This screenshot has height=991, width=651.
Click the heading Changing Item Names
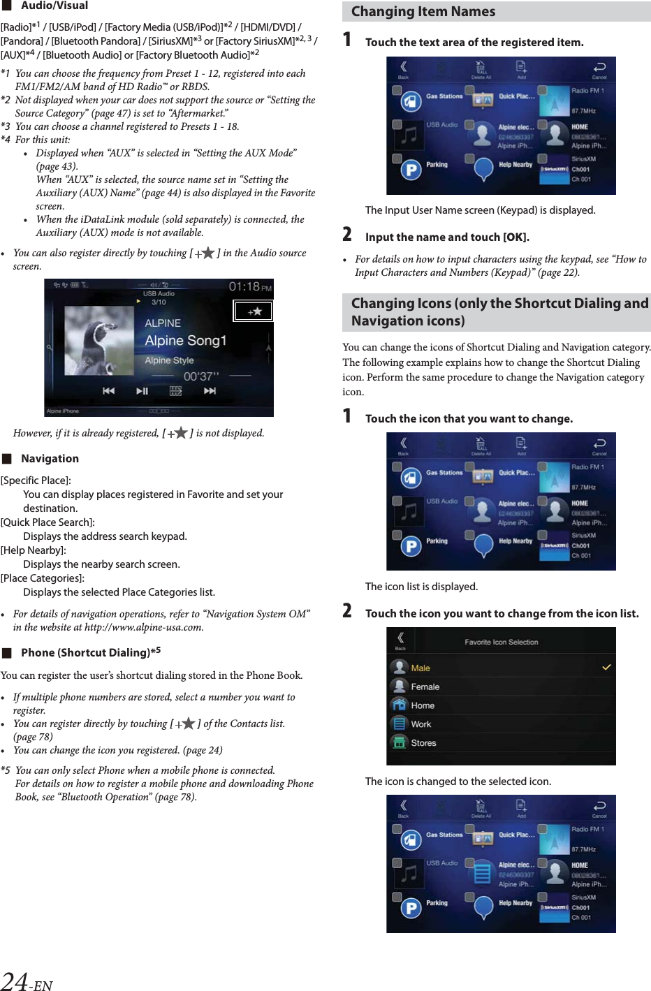tap(423, 12)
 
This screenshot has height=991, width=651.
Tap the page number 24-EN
tap(27, 982)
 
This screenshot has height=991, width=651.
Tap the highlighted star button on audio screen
tap(253, 311)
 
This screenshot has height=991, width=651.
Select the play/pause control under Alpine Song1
tap(142, 391)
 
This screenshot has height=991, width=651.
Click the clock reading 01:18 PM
tap(250, 287)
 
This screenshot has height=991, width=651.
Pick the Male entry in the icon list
tap(420, 668)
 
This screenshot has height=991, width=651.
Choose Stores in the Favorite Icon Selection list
tap(423, 743)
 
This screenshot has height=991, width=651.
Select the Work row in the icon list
tap(421, 724)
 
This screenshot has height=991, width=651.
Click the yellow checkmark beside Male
tap(606, 668)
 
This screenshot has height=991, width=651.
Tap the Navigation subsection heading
tap(50, 459)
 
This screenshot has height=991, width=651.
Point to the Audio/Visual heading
tap(54, 6)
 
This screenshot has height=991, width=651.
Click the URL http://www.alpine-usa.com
tap(143, 627)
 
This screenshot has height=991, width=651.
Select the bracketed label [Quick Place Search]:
tap(47, 522)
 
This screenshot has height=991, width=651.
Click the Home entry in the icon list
tap(423, 705)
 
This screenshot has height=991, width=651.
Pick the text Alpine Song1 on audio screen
tap(186, 341)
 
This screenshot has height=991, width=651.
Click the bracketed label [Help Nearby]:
tap(33, 550)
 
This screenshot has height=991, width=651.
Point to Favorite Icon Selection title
tap(501, 642)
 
